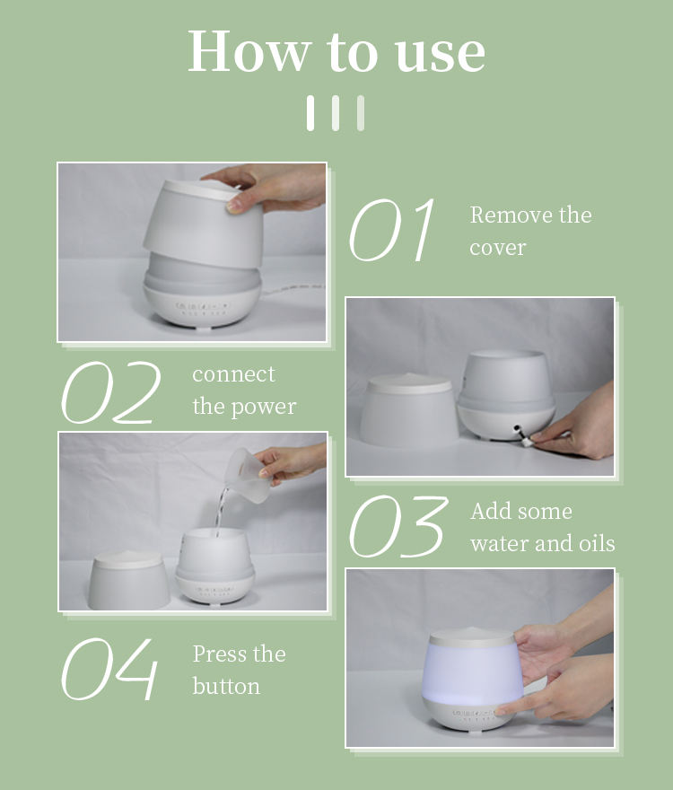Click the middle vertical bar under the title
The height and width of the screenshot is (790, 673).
(336, 113)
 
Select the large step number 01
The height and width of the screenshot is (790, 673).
(391, 230)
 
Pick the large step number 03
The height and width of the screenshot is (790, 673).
(398, 526)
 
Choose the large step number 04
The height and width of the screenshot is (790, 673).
(109, 669)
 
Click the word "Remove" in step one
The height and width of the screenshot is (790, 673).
(505, 215)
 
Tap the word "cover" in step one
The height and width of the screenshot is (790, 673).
(498, 248)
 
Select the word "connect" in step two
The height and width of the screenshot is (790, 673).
(233, 374)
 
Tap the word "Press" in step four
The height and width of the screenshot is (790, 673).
(220, 654)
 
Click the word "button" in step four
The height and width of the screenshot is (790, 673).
(226, 686)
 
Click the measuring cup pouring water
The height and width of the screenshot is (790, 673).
(247, 476)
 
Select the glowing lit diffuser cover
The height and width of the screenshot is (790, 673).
(472, 666)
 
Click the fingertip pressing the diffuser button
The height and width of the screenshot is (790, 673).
(500, 712)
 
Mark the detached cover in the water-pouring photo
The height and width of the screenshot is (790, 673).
(129, 580)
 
